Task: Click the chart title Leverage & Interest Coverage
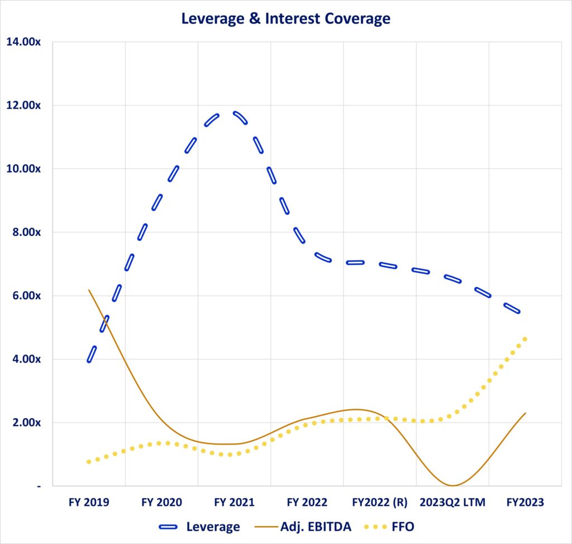coord(285,18)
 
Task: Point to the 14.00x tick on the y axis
coord(23,42)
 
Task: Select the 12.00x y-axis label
coord(23,105)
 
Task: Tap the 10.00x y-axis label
coord(23,169)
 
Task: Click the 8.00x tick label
coord(26,232)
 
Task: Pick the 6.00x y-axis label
coord(26,296)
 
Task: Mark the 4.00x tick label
coord(26,359)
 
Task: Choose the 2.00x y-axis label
coord(26,423)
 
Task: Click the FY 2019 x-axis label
coord(89,503)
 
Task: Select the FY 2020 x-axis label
coord(161,503)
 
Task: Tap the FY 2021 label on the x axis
coord(234,503)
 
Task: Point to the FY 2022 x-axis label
coord(307,503)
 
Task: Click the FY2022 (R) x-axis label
coord(380,503)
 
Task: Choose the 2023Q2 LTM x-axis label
coord(452,503)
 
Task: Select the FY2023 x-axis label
coord(525,503)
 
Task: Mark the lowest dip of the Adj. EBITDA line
coord(452,485)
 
